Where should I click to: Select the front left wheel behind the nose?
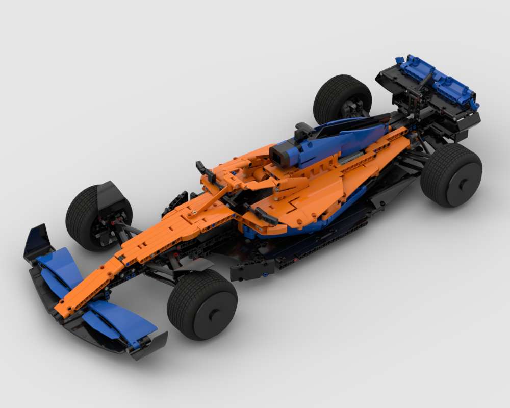tap(97, 217)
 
